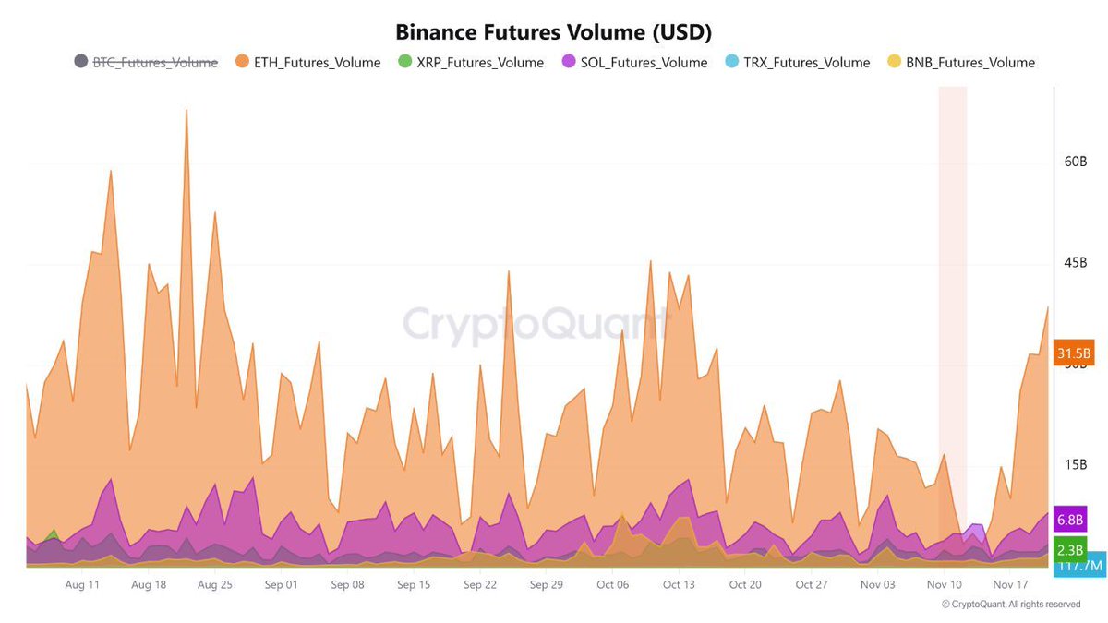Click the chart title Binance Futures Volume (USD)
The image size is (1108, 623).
[x=553, y=31]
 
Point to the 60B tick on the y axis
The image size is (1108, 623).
[x=1076, y=162]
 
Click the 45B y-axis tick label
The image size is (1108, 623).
[x=1076, y=263]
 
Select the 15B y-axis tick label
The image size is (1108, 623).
[x=1076, y=465]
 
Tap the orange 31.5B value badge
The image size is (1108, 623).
[x=1074, y=353]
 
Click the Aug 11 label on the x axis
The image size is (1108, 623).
[x=82, y=584]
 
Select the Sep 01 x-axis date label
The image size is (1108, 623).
[x=281, y=584]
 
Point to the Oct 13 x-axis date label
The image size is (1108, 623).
[x=679, y=584]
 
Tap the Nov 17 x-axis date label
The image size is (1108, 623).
[x=1010, y=584]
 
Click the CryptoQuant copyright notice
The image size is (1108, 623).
[x=1010, y=605]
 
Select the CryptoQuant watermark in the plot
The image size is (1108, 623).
[x=536, y=325]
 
